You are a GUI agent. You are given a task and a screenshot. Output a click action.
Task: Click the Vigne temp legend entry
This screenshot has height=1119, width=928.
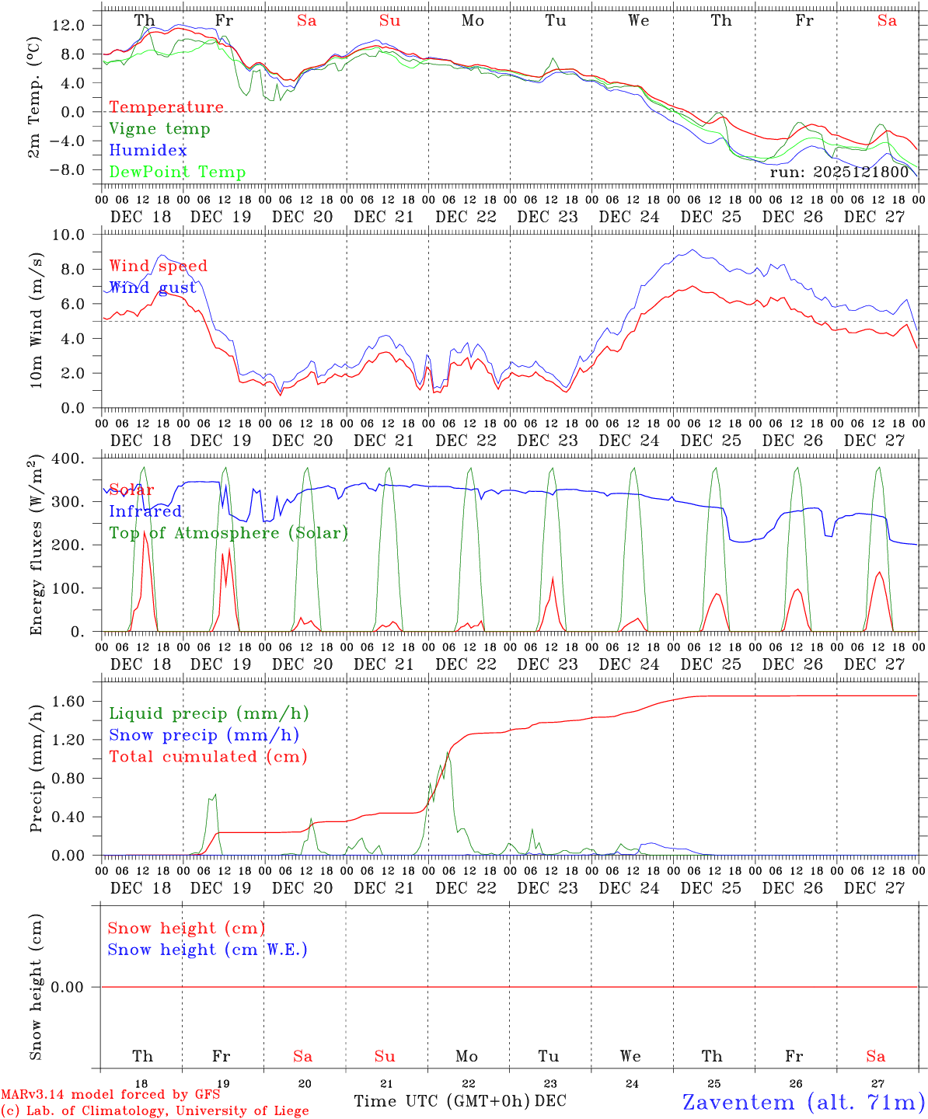pos(159,129)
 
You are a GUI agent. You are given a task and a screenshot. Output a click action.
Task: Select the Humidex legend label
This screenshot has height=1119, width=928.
pos(148,151)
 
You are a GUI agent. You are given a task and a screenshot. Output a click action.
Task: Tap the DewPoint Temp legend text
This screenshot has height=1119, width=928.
pos(177,173)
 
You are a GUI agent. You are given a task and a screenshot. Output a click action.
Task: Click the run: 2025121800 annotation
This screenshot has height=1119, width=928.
pos(839,173)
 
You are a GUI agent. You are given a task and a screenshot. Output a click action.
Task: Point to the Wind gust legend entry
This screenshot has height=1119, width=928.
pos(152,288)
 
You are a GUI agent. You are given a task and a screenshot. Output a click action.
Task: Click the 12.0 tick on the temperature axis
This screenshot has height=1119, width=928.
pos(68,25)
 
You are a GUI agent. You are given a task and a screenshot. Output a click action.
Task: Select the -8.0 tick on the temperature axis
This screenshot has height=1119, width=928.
pos(68,170)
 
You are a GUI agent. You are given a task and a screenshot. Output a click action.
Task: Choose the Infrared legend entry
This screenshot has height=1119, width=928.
pos(145,511)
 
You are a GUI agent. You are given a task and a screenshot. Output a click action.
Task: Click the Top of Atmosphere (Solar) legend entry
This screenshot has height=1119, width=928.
pos(229,533)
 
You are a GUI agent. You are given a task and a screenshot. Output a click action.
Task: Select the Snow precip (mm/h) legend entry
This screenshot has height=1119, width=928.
pos(204,735)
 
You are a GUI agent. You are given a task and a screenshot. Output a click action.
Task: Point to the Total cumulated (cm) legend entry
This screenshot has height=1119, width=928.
pos(208,757)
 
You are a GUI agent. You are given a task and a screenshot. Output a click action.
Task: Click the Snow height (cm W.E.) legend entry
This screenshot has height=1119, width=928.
pos(208,950)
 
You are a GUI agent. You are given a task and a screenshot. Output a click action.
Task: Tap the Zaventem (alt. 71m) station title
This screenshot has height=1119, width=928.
pos(804,1102)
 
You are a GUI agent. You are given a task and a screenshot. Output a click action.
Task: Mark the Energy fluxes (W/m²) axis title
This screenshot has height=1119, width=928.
pos(36,547)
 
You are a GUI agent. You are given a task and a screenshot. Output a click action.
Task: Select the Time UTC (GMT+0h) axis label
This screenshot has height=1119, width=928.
pos(442,1101)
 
